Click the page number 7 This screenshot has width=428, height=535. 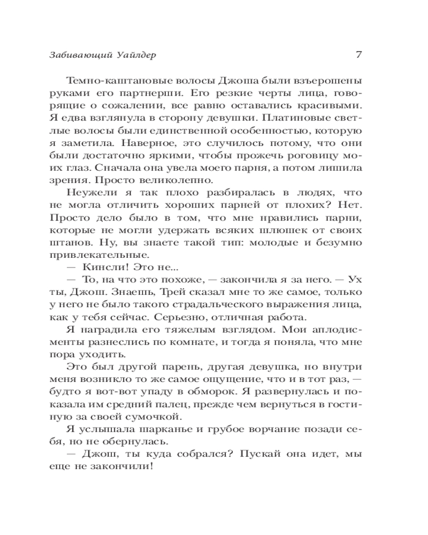[359, 55]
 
